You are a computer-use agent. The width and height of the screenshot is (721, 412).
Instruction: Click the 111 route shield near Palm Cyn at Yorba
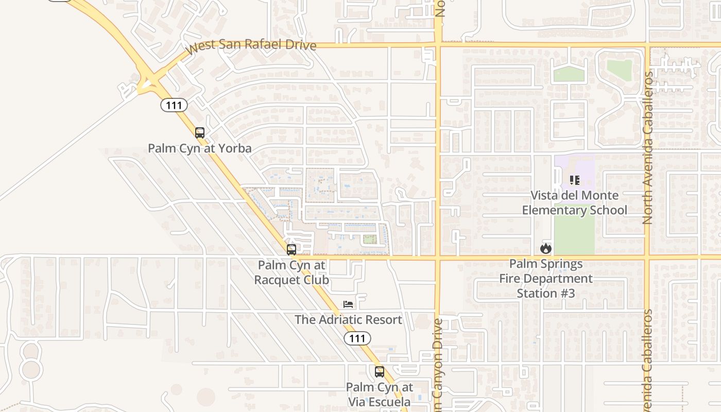click(174, 106)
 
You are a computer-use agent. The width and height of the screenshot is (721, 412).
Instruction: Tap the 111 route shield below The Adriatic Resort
click(357, 338)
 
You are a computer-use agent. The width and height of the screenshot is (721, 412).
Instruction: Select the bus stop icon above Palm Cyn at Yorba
click(200, 133)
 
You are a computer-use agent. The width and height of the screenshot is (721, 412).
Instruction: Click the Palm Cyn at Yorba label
click(200, 149)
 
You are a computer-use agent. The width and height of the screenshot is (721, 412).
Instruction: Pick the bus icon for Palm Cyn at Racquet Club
click(291, 250)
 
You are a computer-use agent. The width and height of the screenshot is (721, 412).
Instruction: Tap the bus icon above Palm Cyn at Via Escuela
click(380, 371)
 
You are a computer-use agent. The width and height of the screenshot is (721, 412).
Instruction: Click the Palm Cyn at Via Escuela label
click(379, 394)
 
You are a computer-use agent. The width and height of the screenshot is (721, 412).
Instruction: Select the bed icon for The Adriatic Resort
click(348, 304)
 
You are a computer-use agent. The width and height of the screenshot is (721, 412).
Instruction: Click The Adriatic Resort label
click(348, 320)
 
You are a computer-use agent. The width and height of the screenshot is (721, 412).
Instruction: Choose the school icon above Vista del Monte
click(574, 180)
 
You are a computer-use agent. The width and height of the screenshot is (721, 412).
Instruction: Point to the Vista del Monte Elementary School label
click(574, 203)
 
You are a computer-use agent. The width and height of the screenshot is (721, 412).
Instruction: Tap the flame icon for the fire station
click(546, 249)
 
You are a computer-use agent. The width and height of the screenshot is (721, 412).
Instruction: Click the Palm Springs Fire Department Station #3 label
click(546, 279)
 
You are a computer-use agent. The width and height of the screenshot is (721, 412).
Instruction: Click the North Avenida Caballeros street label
click(648, 147)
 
